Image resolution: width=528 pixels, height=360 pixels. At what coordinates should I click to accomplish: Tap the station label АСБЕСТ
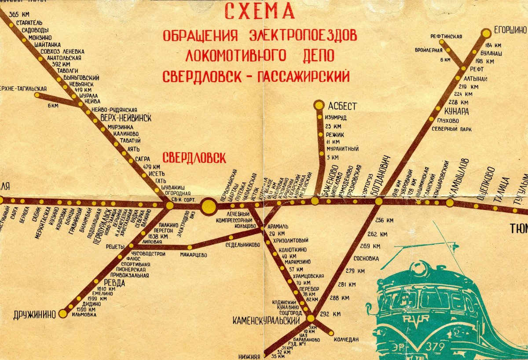(342, 106)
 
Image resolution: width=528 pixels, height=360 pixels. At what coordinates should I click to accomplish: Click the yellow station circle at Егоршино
(486, 33)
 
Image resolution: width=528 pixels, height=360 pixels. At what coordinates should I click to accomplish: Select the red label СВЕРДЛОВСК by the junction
(194, 158)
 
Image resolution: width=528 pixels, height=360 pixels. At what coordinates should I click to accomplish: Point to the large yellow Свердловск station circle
(209, 206)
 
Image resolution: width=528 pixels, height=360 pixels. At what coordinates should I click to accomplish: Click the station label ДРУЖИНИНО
(35, 314)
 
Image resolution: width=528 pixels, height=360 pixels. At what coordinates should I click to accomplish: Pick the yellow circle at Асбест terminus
(319, 105)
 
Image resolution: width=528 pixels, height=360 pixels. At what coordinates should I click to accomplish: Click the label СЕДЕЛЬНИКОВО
(242, 245)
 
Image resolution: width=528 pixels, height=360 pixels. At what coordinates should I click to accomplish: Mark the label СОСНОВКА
(366, 259)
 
